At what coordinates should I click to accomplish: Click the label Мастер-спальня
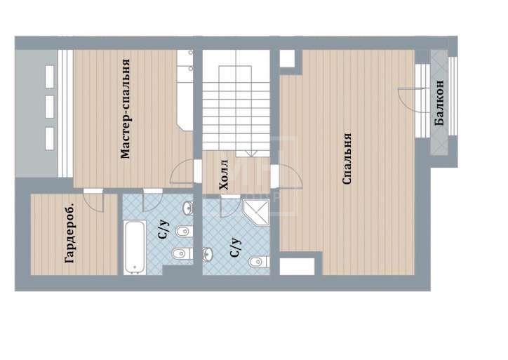pos(126,109)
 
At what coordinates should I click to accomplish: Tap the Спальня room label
pos(347,159)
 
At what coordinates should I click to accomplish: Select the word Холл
pos(224,174)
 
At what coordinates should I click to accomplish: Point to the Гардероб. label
pos(70,233)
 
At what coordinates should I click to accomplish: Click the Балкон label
pos(439,102)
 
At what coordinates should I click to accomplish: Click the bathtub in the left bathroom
pos(134,248)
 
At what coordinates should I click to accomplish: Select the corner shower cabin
pos(256,212)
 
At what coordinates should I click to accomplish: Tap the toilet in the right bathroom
pos(259,262)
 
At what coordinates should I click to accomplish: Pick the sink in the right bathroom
pos(208,254)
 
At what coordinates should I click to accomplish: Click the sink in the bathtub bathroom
pos(188,208)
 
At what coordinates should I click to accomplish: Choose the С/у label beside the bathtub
pos(164,229)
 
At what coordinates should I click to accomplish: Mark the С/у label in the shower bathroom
pos(236,247)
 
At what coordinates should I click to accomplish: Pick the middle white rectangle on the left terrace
pos(50,107)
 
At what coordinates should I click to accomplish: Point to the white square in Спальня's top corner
pos(287,59)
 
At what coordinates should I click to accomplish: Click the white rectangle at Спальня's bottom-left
pos(297,267)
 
